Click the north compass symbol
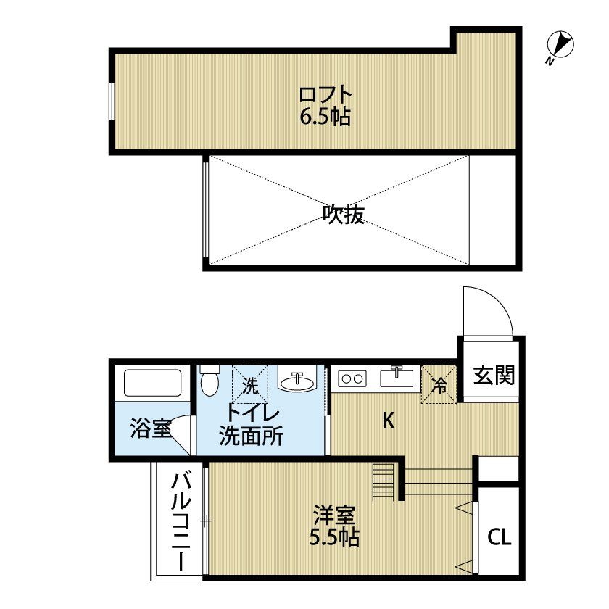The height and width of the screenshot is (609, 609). tap(560, 46)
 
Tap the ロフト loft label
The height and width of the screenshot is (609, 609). tap(326, 94)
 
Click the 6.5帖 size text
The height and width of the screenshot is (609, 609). tap(325, 116)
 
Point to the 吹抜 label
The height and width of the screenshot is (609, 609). tap(344, 214)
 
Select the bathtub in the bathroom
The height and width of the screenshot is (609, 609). tap(153, 383)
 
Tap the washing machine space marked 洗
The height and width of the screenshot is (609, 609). tap(250, 384)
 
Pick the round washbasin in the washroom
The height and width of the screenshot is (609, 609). tap(297, 383)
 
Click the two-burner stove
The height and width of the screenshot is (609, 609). tap(352, 378)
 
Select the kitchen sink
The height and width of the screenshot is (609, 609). tap(397, 378)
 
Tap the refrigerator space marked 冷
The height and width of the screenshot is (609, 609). tap(439, 384)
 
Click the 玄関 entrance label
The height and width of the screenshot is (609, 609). tap(494, 376)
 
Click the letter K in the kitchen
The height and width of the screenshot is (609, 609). tap(389, 420)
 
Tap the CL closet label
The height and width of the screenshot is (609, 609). tap(500, 537)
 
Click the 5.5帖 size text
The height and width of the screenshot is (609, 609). tap(334, 538)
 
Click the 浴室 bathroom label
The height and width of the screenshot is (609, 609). tap(151, 428)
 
